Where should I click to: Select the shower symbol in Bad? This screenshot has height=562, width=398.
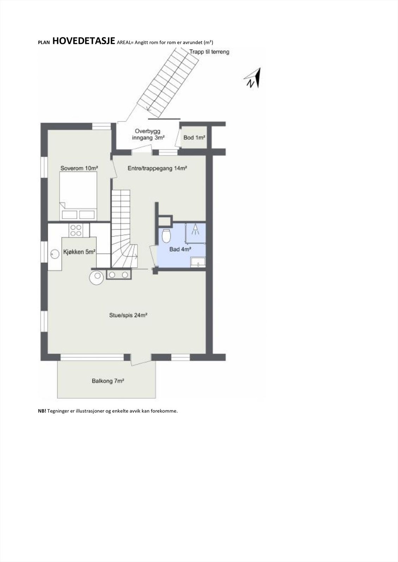(x=195, y=230)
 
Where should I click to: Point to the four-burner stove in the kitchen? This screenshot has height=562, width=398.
(x=76, y=230)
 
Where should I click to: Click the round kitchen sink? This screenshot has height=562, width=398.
(x=54, y=253)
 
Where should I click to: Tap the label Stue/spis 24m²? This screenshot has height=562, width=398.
(x=128, y=315)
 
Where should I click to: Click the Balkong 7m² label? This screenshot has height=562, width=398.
(x=108, y=381)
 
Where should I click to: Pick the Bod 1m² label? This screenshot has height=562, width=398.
(x=194, y=138)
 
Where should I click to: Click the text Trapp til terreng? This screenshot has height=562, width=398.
(x=209, y=52)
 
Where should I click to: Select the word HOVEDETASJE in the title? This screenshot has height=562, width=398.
(x=84, y=41)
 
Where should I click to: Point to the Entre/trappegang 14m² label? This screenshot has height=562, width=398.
(x=157, y=169)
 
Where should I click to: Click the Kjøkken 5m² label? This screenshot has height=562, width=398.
(x=80, y=252)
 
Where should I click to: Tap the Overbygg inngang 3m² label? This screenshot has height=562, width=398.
(x=148, y=135)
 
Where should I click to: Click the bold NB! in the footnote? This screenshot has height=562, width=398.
(x=42, y=411)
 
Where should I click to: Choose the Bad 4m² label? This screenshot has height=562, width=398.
(x=180, y=249)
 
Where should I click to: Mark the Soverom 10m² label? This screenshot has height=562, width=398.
(x=79, y=168)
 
